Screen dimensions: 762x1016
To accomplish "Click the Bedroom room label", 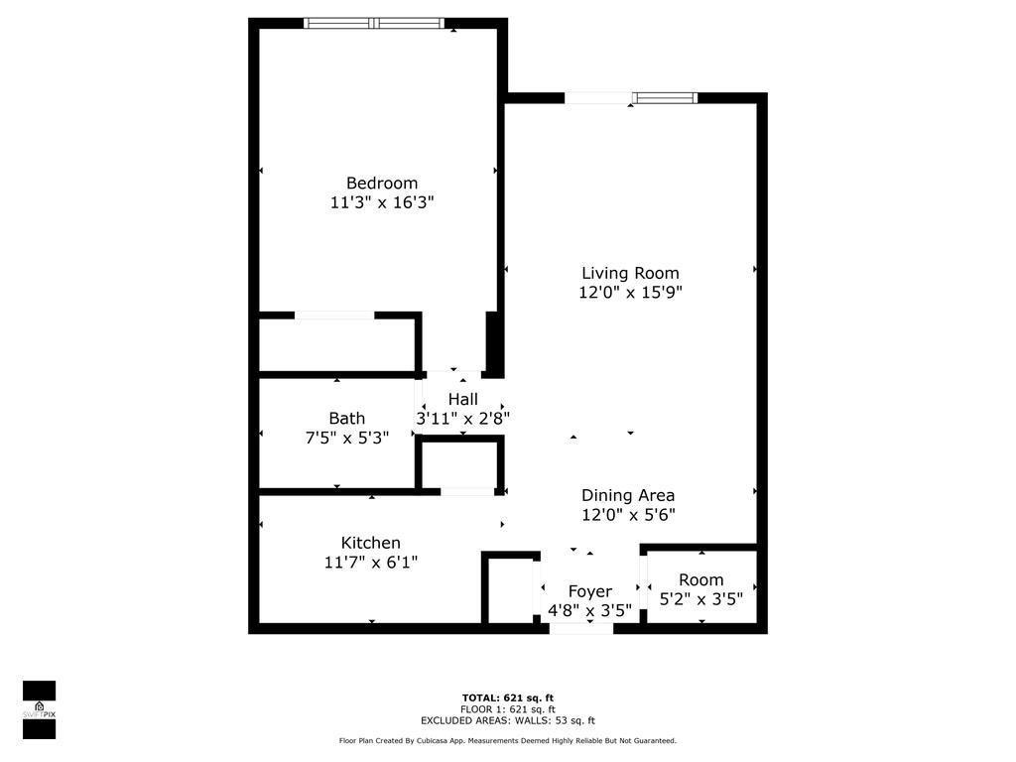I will [382, 183].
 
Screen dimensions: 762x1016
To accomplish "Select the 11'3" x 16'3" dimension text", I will [382, 202].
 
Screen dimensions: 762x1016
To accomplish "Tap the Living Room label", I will [630, 273].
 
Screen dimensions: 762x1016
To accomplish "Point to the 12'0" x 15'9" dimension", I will [630, 293].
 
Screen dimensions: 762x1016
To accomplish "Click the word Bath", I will [347, 418].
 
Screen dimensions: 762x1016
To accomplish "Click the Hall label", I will [462, 399].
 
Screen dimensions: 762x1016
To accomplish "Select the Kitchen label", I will [371, 543].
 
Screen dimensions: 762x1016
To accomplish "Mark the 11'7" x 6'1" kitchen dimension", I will [371, 563].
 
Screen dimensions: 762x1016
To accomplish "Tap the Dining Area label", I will [628, 495].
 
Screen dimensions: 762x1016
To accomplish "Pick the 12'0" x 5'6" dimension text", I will [628, 515].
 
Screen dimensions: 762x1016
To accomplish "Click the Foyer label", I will [589, 591].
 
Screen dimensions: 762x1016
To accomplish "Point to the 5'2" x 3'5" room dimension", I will [701, 599].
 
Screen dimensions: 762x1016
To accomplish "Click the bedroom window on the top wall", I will [373, 23].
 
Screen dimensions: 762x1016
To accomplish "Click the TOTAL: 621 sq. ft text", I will [507, 698].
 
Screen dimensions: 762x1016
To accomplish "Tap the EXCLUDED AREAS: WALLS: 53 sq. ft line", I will [507, 721].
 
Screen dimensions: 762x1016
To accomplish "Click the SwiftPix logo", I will [39, 709].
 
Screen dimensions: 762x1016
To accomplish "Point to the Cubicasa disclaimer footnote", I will [507, 741].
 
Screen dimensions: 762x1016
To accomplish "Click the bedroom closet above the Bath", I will [335, 344].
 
